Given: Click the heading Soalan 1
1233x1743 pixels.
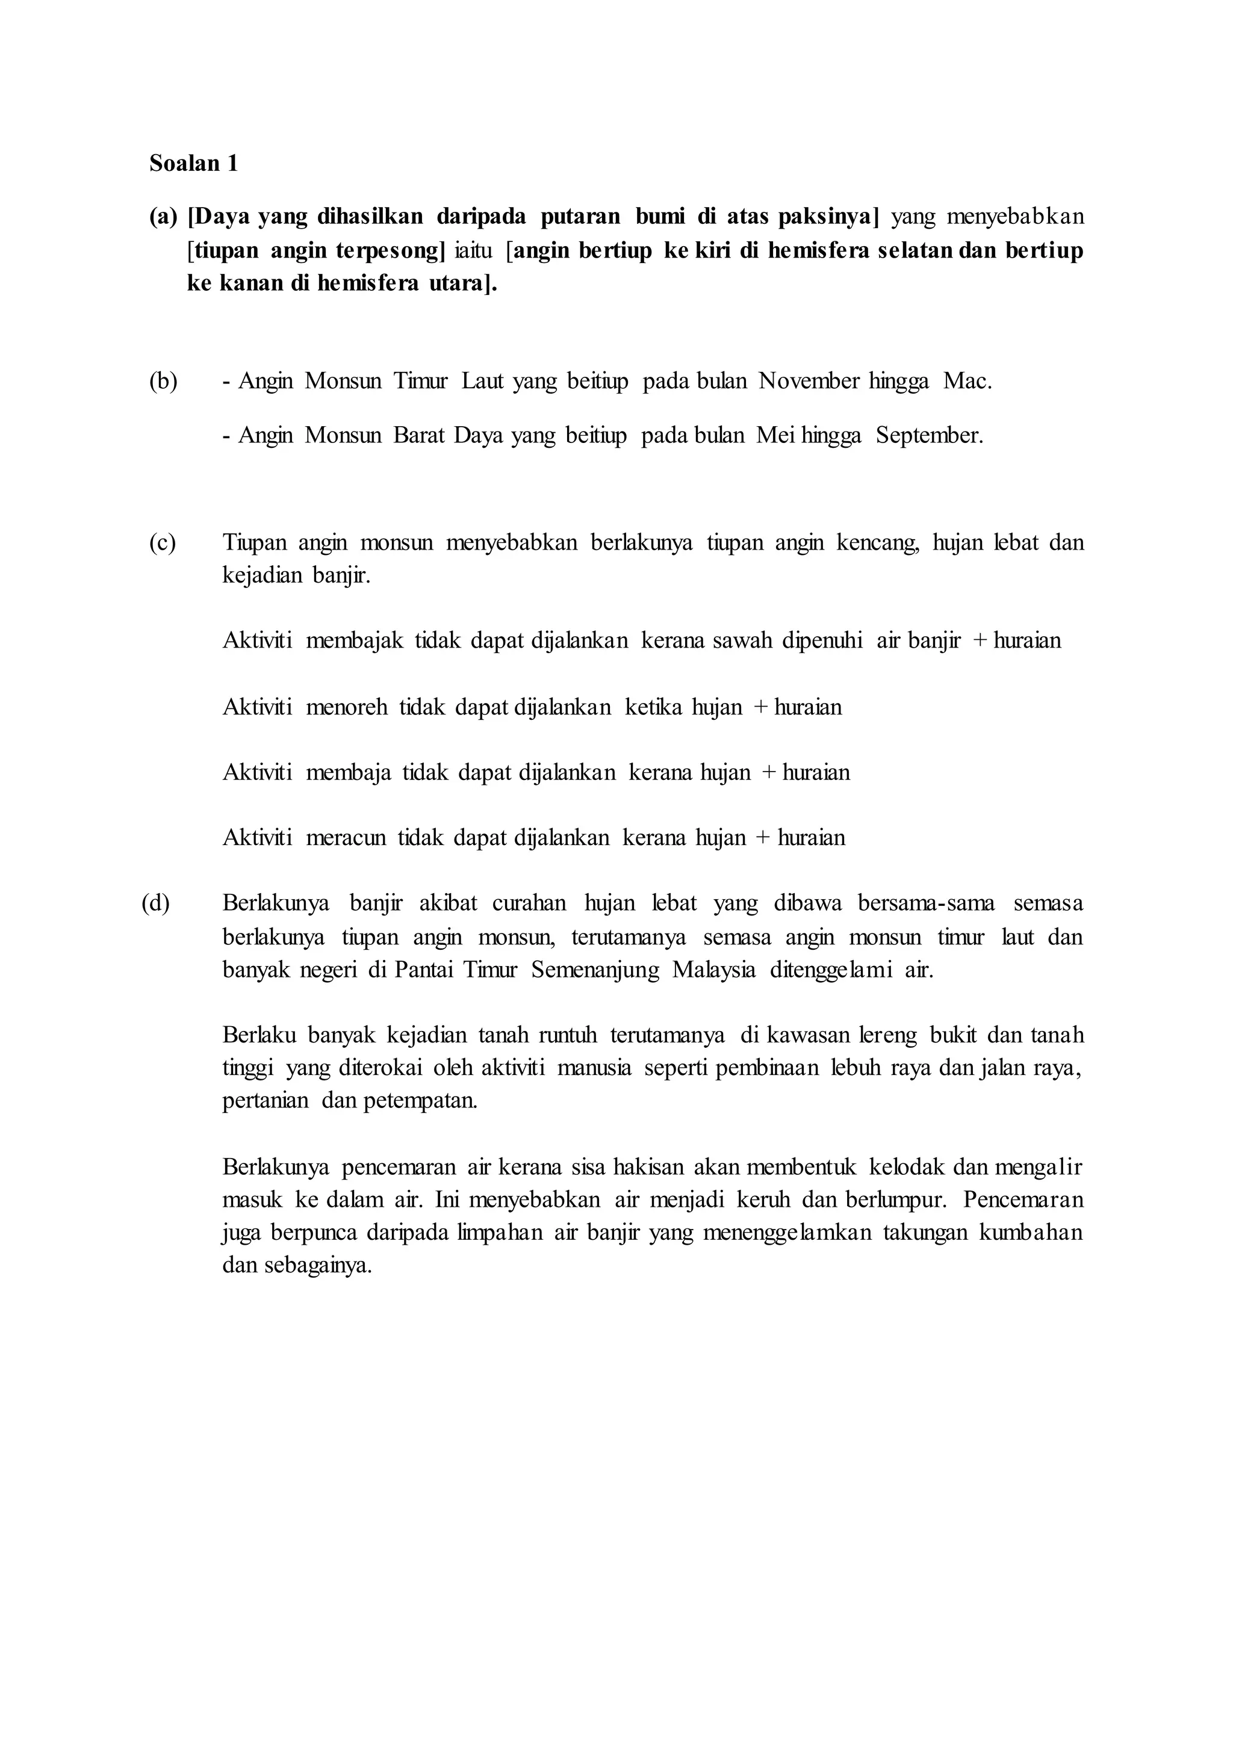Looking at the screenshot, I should tap(194, 163).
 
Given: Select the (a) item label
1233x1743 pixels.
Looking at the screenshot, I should tap(163, 217).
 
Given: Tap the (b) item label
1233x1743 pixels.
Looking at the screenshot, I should tap(163, 381).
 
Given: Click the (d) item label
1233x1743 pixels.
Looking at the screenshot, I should tap(156, 903).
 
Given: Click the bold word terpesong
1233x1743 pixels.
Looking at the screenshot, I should tap(390, 250).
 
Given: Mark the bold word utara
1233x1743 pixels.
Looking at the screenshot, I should tap(455, 284).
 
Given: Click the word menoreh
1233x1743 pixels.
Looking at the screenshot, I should tap(346, 708).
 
